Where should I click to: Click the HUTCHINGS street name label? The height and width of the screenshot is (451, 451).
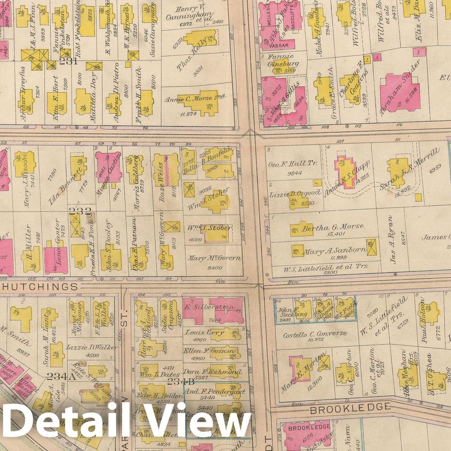pyautogui.click(x=40, y=287)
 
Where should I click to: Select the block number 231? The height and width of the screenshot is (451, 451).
pyautogui.click(x=68, y=61)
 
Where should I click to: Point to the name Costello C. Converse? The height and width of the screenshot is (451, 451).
pyautogui.click(x=315, y=334)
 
